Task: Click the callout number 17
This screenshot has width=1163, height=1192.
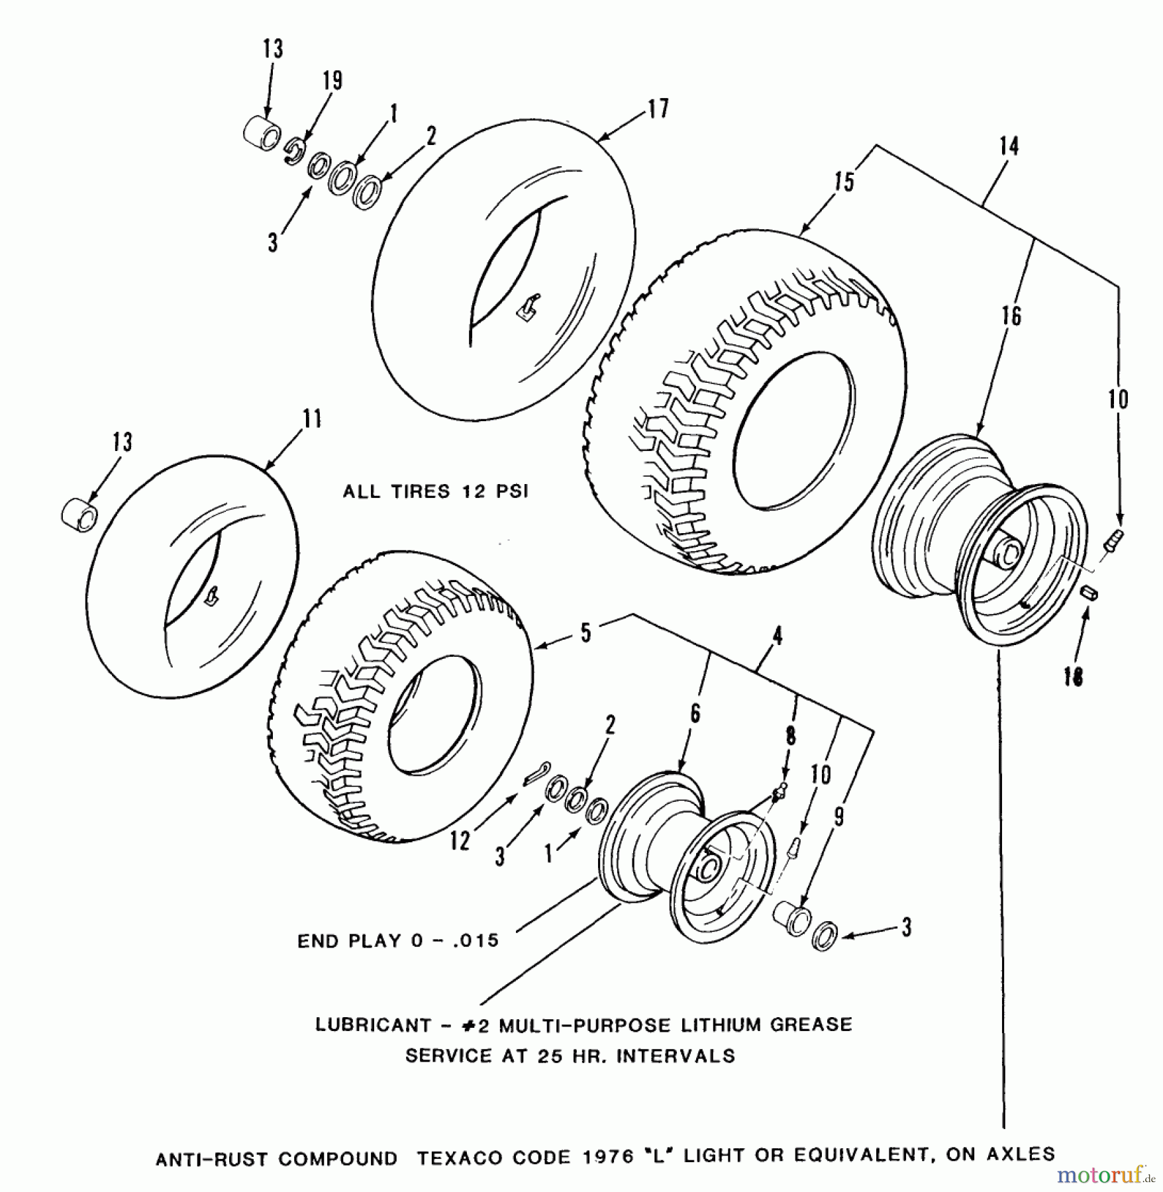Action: tap(658, 109)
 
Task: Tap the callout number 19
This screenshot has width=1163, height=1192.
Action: tap(332, 81)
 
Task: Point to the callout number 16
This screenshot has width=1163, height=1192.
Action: tap(1011, 316)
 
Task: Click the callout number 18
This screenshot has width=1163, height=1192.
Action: tap(1074, 676)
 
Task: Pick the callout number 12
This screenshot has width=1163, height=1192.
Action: tap(459, 841)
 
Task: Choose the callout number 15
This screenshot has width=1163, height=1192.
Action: tap(844, 181)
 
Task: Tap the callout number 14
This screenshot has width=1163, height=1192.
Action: tap(1009, 146)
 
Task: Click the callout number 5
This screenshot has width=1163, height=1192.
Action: tap(586, 632)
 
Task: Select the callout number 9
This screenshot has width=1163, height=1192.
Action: tap(838, 817)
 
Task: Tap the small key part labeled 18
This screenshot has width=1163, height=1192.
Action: tap(1090, 593)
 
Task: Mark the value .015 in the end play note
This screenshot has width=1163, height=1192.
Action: tap(474, 941)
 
